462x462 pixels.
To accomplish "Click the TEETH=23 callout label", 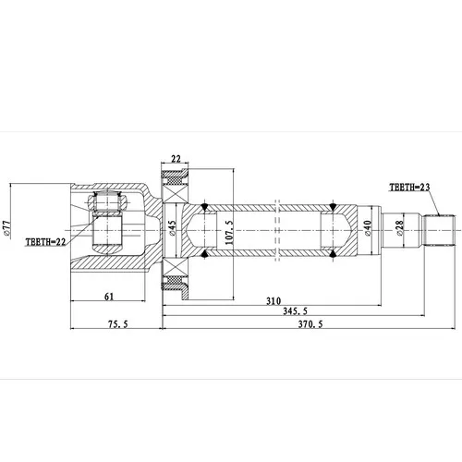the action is tap(409, 187).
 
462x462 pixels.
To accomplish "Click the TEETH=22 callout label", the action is tap(45, 242).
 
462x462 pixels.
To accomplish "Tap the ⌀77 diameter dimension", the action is tap(7, 228).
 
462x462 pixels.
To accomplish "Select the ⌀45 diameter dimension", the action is tap(172, 228).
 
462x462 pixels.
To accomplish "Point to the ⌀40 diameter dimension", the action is tap(369, 228).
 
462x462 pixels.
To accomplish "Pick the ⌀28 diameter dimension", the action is tap(399, 228).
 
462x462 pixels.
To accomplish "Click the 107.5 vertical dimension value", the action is tap(229, 232).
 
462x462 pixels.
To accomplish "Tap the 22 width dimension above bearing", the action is tap(176, 159).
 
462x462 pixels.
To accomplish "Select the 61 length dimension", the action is tap(109, 297).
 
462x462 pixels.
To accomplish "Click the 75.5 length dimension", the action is tap(118, 324).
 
